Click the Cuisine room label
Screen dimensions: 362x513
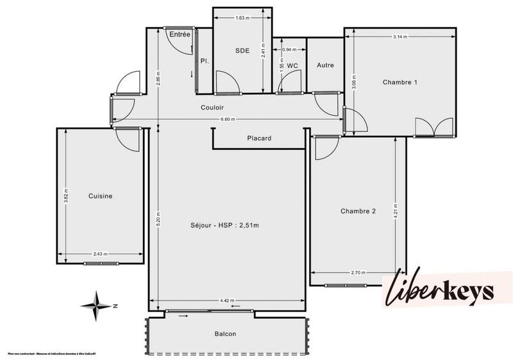tap(101, 196)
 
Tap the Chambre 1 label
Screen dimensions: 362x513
tap(400, 82)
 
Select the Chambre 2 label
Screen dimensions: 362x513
tap(358, 211)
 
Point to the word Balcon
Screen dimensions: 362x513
tap(225, 334)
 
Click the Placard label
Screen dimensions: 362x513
tap(259, 138)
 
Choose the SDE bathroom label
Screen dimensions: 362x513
tap(242, 51)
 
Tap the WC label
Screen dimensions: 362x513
tap(292, 66)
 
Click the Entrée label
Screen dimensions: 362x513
tap(180, 35)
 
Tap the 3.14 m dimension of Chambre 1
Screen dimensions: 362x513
tap(400, 37)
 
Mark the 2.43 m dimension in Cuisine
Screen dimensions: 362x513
tap(99, 254)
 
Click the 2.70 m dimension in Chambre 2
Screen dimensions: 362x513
tap(358, 272)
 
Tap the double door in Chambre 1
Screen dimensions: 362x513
tap(434, 128)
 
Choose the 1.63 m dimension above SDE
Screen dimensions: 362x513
tap(242, 18)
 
